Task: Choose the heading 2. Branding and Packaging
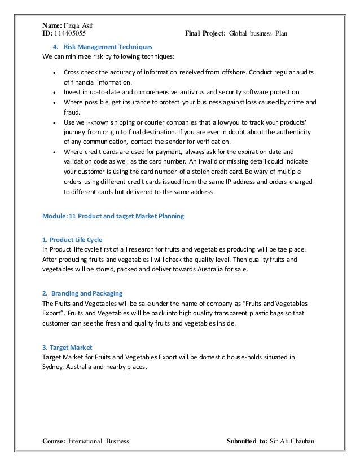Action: [x=82, y=293]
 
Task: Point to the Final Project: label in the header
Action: [x=205, y=33]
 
